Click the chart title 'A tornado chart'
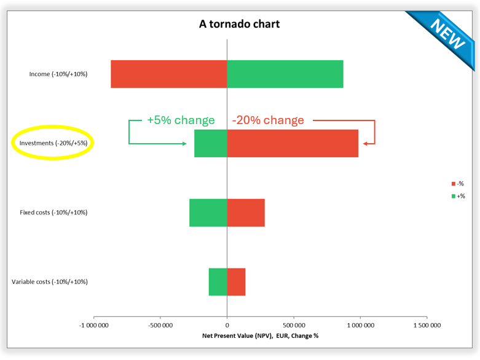pyautogui.click(x=239, y=24)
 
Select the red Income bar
pyautogui.click(x=168, y=74)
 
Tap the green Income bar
pyautogui.click(x=285, y=74)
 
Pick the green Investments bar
pyautogui.click(x=210, y=143)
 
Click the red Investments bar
pyautogui.click(x=293, y=143)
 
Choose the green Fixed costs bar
pyautogui.click(x=208, y=213)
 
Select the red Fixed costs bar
pyautogui.click(x=246, y=213)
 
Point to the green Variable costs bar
pyautogui.click(x=218, y=282)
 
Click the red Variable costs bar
pyautogui.click(x=236, y=282)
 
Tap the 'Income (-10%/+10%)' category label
pyautogui.click(x=58, y=74)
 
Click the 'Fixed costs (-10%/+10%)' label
pyautogui.click(x=53, y=213)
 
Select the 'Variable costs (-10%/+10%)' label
pyautogui.click(x=50, y=282)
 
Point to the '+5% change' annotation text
pyautogui.click(x=181, y=120)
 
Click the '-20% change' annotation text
pyautogui.click(x=268, y=120)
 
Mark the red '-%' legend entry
pyautogui.click(x=457, y=184)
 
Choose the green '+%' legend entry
pyautogui.click(x=457, y=196)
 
